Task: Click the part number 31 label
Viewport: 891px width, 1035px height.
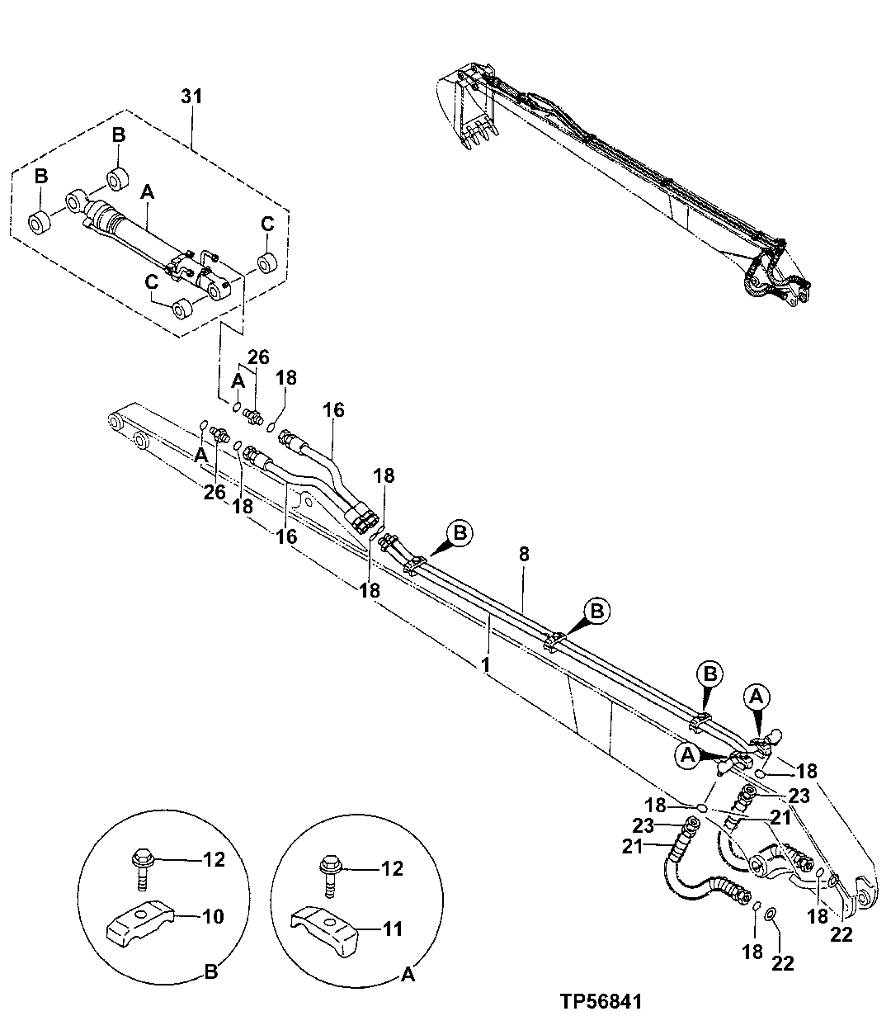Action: pyautogui.click(x=191, y=97)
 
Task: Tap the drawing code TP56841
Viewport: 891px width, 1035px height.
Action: pyautogui.click(x=599, y=1002)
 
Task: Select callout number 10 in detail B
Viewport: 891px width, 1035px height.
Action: pyautogui.click(x=213, y=915)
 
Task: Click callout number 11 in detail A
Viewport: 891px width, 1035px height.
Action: pyautogui.click(x=393, y=929)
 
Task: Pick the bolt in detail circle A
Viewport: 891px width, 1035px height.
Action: pyautogui.click(x=330, y=876)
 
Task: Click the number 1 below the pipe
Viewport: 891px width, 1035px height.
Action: pyautogui.click(x=487, y=663)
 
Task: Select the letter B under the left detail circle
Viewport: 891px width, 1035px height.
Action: pyautogui.click(x=210, y=973)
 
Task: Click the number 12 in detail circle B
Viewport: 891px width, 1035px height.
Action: pyautogui.click(x=214, y=859)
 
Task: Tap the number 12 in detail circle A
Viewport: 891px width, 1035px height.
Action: pyautogui.click(x=393, y=868)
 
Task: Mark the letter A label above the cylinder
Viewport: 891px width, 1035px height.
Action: pyautogui.click(x=148, y=191)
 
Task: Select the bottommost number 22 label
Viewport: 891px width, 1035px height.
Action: pyautogui.click(x=783, y=962)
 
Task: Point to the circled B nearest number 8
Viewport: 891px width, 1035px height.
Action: pyautogui.click(x=460, y=533)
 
